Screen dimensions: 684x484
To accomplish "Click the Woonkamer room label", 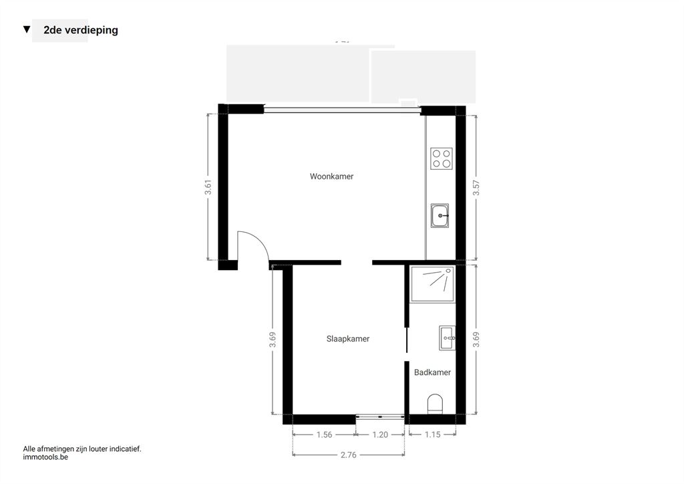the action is tap(331, 176).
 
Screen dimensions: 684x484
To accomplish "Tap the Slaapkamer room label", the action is tap(347, 339).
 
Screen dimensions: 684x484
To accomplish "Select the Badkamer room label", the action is tap(432, 372).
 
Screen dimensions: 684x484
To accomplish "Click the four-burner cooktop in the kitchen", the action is tap(442, 158).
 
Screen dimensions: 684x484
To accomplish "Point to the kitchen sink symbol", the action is tap(440, 216).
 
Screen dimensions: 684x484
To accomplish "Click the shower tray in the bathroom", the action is tap(432, 284).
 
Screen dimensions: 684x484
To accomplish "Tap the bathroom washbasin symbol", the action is tap(447, 338).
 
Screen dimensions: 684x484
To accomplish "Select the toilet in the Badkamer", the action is tap(435, 404).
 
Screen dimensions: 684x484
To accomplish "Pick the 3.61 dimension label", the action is tap(208, 187).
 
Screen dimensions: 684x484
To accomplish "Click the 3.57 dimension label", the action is tap(476, 188).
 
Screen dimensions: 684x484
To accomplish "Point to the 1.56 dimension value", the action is tap(324, 435).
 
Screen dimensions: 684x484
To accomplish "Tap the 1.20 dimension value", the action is tap(380, 435).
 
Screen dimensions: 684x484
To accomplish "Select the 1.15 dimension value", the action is tap(432, 435).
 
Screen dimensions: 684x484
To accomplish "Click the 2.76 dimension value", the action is tap(348, 455).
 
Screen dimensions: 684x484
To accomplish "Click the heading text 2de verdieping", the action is tap(81, 30).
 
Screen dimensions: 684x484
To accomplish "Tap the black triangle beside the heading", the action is tap(27, 29).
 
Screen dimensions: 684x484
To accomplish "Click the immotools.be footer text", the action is tap(45, 457).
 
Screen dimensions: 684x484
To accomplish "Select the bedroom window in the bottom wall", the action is tap(380, 416).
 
